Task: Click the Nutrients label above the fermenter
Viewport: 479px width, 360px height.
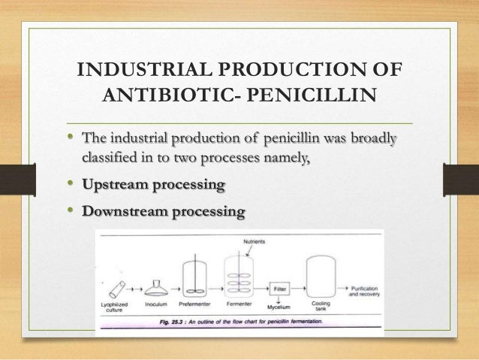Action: coord(257,241)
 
